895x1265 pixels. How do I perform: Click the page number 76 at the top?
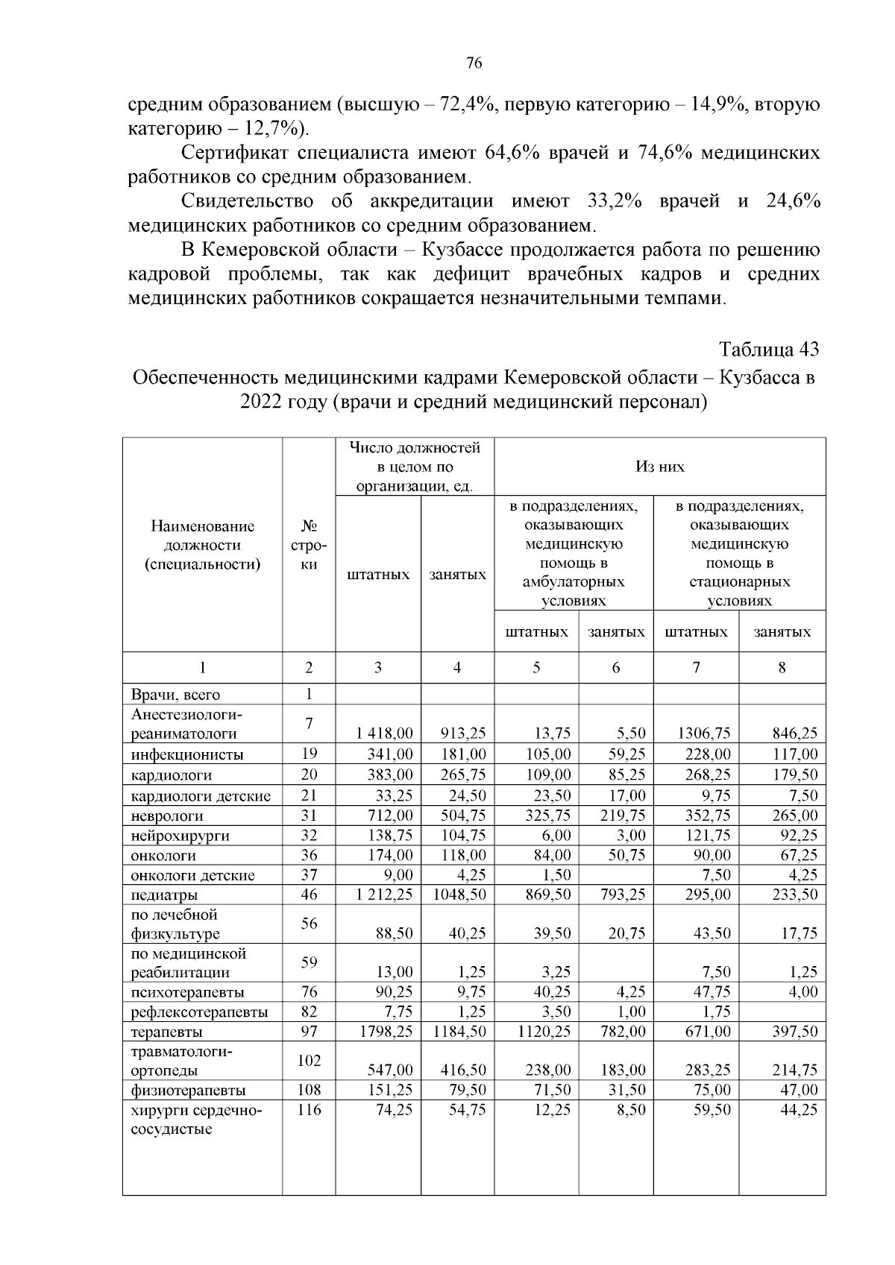pos(474,63)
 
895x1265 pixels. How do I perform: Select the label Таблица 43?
pos(768,349)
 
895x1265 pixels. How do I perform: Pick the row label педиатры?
pos(165,895)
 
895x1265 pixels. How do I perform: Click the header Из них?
pos(659,467)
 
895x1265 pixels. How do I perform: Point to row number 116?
pos(309,1110)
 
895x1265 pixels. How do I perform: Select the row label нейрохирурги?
pos(180,836)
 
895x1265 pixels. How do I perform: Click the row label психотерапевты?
pos(187,992)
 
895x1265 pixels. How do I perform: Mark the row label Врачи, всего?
pos(176,695)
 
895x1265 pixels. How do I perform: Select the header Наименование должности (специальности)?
pos(202,545)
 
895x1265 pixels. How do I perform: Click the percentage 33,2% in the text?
pos(617,201)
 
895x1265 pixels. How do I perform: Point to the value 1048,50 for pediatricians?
pos(459,895)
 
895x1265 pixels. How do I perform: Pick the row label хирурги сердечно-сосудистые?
pos(196,1120)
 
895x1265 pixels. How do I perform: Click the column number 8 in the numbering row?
pos(782,668)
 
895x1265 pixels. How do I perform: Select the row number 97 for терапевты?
pos(309,1032)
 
